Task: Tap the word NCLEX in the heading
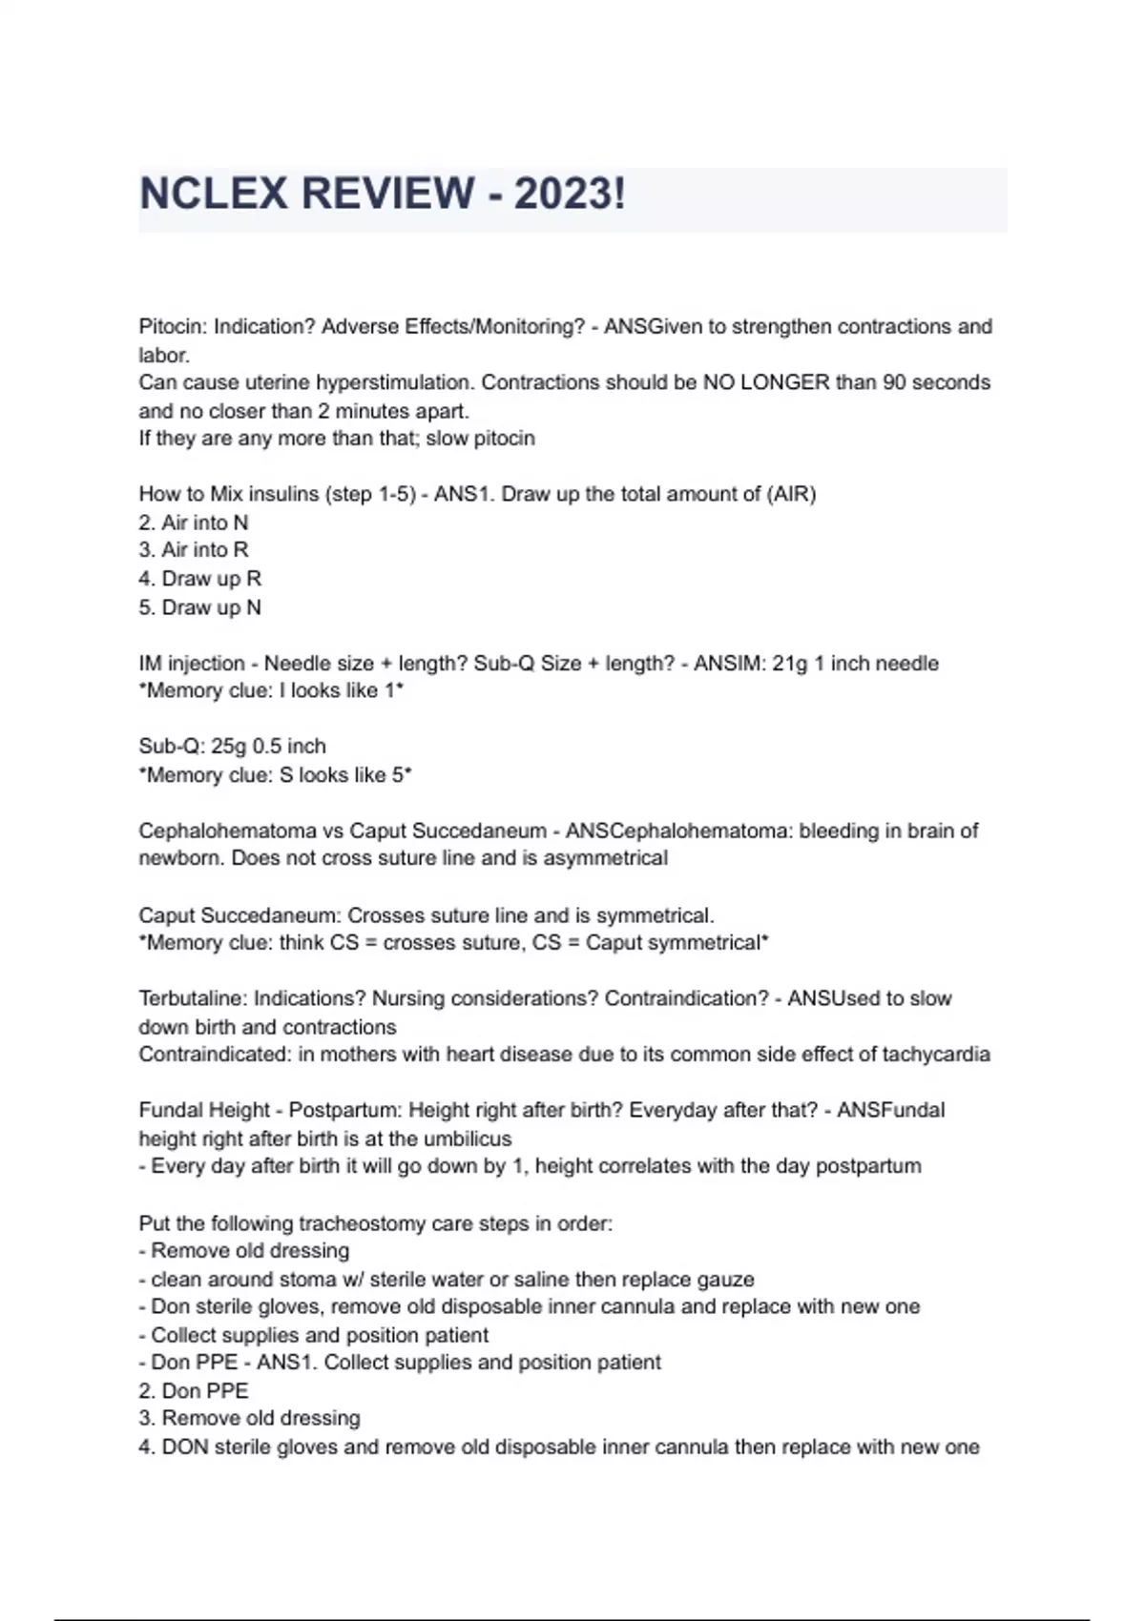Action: tap(214, 194)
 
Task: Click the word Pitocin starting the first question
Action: tap(172, 327)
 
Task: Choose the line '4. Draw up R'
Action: tap(199, 579)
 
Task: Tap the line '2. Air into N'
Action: tap(193, 523)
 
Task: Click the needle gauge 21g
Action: tap(789, 664)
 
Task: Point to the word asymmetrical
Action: tap(606, 858)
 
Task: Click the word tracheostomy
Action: tap(362, 1223)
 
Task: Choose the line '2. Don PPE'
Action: tap(193, 1391)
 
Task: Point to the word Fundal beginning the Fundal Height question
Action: tap(172, 1111)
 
